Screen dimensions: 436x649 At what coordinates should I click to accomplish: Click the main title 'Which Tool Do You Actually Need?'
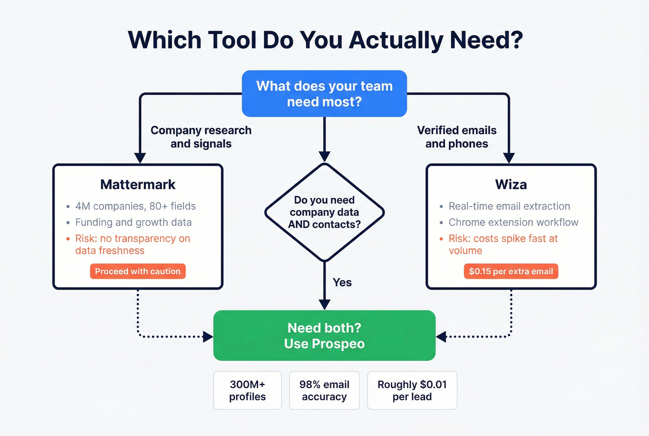tap(325, 40)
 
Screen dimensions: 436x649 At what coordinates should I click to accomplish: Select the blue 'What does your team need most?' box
tap(324, 93)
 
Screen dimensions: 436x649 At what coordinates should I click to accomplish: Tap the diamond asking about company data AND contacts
tap(324, 212)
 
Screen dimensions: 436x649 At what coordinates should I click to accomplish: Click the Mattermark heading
tap(138, 184)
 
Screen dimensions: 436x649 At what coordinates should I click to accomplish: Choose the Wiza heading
tap(510, 184)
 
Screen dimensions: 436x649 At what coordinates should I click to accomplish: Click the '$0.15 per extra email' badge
tap(510, 271)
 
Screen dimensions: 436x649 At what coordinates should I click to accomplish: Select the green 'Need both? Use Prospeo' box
tap(324, 335)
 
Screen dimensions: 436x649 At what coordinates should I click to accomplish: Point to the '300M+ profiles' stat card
tap(247, 390)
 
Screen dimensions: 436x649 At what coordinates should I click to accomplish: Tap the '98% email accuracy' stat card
tap(324, 390)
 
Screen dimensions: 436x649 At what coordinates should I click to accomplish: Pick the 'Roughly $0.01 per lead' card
tap(412, 390)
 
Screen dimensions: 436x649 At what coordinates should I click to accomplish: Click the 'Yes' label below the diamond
tap(342, 282)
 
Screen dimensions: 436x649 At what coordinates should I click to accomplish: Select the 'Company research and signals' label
tap(201, 137)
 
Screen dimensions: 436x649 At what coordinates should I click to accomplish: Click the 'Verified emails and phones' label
tap(457, 137)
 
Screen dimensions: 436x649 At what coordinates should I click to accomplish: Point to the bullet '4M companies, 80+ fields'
tap(135, 206)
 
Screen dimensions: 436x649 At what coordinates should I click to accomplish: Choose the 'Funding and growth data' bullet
tap(133, 222)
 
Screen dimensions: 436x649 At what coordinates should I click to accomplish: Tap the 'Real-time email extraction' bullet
tap(509, 206)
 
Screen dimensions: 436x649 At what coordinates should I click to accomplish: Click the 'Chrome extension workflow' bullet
tap(513, 222)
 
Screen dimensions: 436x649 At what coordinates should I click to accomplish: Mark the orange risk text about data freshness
tap(132, 244)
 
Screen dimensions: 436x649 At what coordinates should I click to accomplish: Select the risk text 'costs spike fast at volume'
tap(503, 244)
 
